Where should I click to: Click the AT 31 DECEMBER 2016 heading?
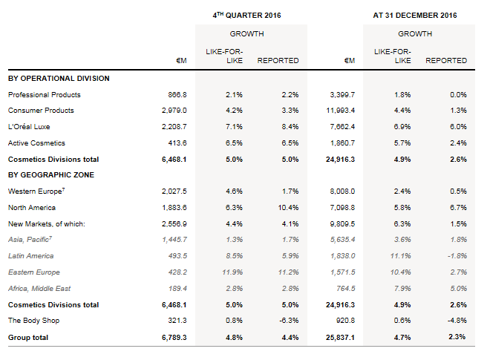pyautogui.click(x=414, y=15)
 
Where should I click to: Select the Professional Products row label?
pyautogui.click(x=45, y=95)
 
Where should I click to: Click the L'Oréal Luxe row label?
pyautogui.click(x=30, y=127)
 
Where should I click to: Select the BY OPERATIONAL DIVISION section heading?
pyautogui.click(x=59, y=78)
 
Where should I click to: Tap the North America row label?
pyautogui.click(x=32, y=208)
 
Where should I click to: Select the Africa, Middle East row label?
pyautogui.click(x=41, y=288)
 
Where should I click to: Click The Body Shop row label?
pyautogui.click(x=34, y=321)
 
